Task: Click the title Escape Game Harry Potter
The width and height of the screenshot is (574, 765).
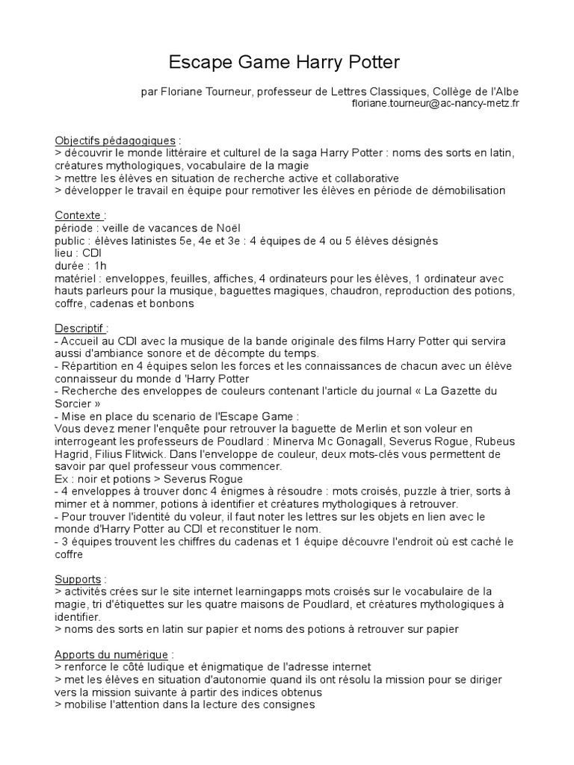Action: pos(286,61)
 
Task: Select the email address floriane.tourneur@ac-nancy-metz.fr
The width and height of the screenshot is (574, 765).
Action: pos(436,103)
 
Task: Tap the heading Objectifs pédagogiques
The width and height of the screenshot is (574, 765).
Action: pos(116,140)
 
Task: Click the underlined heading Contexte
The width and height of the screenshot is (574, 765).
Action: pos(78,215)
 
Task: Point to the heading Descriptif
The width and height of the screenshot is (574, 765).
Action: pos(81,328)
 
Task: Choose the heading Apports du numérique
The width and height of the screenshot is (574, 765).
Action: pos(112,654)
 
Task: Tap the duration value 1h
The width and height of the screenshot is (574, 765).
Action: pos(100,265)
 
